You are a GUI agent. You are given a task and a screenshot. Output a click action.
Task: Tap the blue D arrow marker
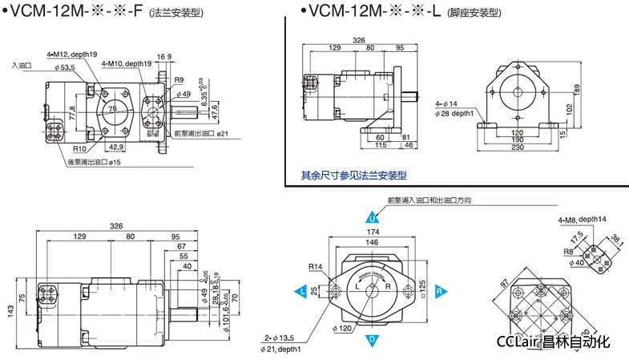tap(373, 340)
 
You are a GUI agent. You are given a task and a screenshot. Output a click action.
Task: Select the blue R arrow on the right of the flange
tap(440, 289)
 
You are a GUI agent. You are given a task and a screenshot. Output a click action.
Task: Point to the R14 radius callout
tap(315, 266)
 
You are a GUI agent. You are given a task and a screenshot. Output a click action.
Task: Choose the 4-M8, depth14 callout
tap(583, 219)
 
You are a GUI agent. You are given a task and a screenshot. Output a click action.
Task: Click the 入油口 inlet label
tap(22, 64)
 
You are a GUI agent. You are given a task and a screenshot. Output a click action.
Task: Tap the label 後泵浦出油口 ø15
tap(94, 163)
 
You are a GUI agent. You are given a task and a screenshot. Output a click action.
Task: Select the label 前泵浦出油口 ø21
tap(200, 133)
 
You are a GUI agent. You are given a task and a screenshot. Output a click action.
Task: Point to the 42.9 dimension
tap(115, 147)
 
